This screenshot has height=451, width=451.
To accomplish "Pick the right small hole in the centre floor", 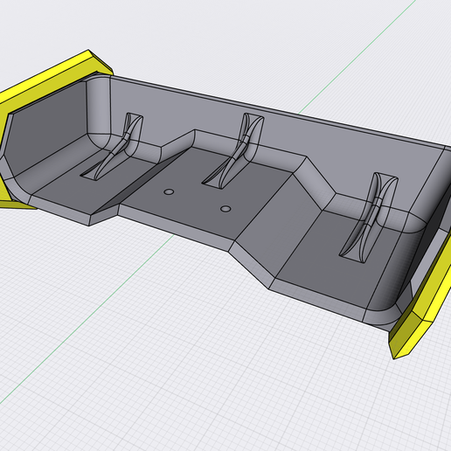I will [x=225, y=209].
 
